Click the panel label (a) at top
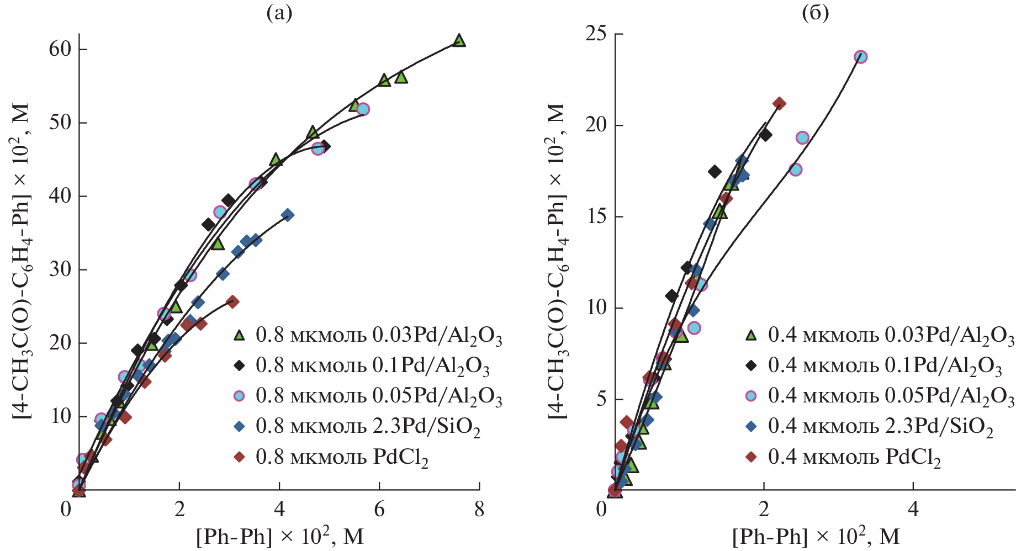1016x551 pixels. point(279,13)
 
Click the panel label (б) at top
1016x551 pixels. point(815,13)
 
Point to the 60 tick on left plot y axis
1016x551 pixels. point(60,49)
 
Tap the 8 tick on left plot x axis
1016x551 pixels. point(479,509)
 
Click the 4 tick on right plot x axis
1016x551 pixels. point(913,509)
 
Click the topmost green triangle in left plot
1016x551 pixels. point(459,40)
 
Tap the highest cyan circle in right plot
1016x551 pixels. point(860,57)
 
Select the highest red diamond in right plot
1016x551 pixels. point(779,103)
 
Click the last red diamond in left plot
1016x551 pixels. point(232,301)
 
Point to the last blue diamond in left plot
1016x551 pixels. point(287,215)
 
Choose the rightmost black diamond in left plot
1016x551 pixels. point(325,146)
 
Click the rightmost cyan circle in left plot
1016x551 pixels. point(363,109)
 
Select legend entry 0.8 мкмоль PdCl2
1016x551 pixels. point(342,458)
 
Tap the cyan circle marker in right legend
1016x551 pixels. point(751,396)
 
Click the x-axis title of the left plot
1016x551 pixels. point(280,536)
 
